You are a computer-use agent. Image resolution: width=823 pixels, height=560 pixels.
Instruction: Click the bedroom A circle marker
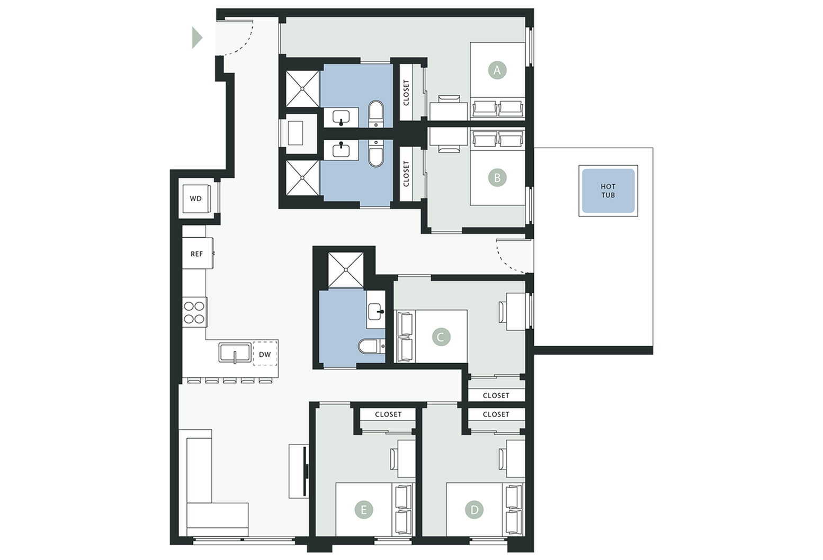[x=497, y=70]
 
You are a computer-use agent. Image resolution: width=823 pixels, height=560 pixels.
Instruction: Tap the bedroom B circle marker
[x=497, y=178]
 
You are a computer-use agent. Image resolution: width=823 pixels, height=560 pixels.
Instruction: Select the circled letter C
[x=441, y=337]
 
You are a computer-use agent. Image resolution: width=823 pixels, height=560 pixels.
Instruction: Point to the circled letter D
[x=474, y=510]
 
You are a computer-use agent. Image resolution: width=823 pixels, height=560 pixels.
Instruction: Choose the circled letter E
[x=364, y=510]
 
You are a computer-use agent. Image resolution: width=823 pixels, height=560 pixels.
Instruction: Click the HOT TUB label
[x=608, y=191]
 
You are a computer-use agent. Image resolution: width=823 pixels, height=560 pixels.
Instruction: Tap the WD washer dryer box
[x=196, y=198]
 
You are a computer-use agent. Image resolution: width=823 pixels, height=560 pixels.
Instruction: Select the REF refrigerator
[x=198, y=254]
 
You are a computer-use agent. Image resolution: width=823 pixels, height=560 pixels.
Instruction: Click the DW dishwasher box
[x=265, y=354]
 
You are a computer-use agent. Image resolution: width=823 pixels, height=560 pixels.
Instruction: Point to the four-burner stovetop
[x=194, y=312]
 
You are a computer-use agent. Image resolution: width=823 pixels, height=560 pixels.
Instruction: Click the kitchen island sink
[x=235, y=353]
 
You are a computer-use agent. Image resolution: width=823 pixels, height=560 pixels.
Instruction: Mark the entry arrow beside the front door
[x=197, y=38]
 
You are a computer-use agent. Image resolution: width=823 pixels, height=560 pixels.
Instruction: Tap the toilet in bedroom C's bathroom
[x=371, y=346]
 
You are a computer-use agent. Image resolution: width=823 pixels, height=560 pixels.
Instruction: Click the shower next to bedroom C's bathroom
[x=346, y=270]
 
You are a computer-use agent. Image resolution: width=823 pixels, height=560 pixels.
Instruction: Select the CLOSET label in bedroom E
[x=388, y=414]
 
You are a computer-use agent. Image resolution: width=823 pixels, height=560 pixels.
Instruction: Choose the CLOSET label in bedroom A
[x=406, y=93]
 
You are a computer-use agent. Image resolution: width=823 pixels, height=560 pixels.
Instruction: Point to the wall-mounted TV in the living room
[x=306, y=471]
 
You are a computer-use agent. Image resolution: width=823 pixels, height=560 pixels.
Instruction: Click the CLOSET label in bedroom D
[x=496, y=414]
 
